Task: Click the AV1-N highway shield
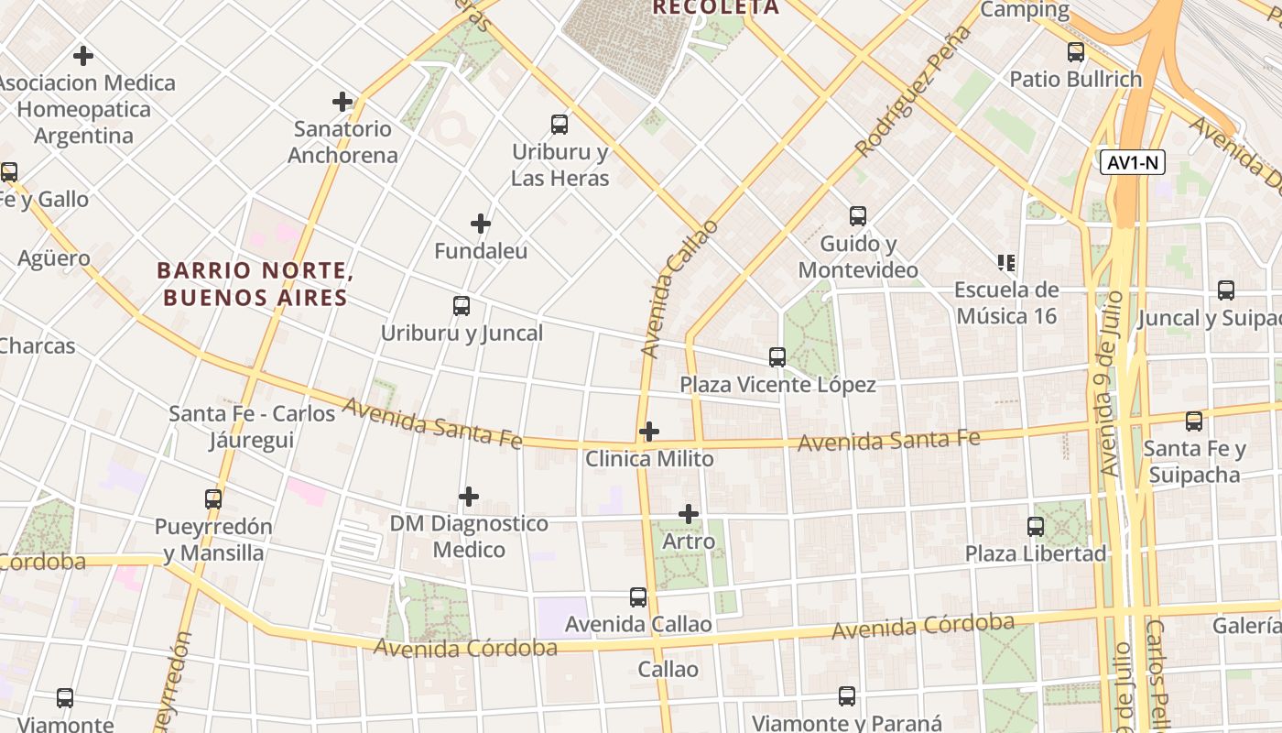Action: (1132, 163)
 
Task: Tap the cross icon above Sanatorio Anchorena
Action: (342, 102)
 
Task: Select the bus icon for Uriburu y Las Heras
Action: (559, 125)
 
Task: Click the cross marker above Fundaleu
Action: (481, 224)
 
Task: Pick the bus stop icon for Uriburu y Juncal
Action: (462, 306)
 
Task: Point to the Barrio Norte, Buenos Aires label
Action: (255, 284)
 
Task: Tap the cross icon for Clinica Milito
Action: (649, 431)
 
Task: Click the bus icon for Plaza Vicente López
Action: (777, 357)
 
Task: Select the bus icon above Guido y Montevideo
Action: (857, 216)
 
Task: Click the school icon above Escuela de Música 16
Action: (1006, 263)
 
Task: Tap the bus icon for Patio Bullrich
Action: (1076, 52)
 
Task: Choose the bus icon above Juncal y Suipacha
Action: (1225, 290)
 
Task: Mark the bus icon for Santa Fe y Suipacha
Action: (1194, 421)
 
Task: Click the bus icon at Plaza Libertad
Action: (1036, 527)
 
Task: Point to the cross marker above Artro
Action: (689, 514)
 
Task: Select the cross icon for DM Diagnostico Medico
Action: (469, 497)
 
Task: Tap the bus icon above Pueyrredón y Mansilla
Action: (213, 499)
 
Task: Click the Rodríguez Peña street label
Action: (912, 92)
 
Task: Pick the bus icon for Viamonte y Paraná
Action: (847, 696)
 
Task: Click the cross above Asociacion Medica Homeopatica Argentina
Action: (83, 56)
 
